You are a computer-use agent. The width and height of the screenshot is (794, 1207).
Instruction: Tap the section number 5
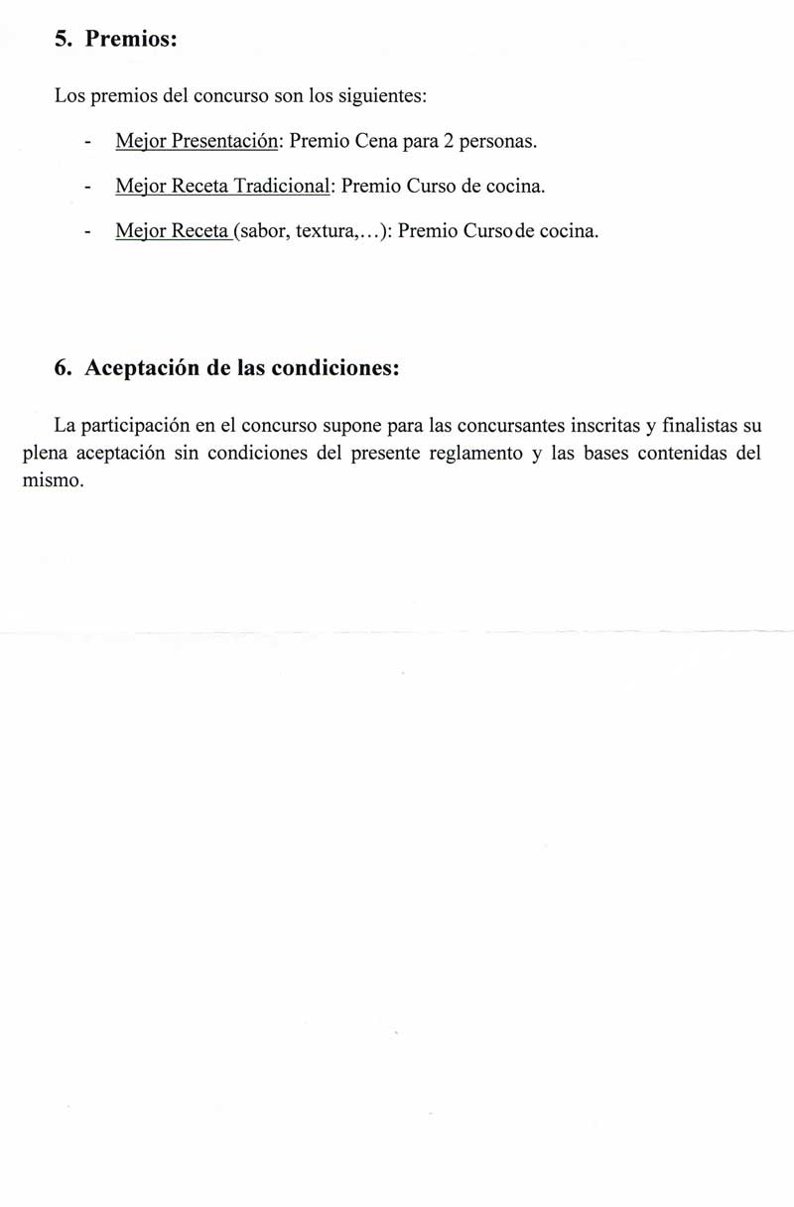pyautogui.click(x=63, y=40)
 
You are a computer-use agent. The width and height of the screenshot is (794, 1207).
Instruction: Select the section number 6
pyautogui.click(x=63, y=367)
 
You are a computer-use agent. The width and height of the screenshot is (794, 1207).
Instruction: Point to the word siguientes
pyautogui.click(x=382, y=98)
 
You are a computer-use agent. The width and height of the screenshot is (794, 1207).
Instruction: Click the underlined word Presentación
pyautogui.click(x=226, y=142)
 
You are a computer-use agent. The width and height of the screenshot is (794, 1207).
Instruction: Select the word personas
pyautogui.click(x=499, y=142)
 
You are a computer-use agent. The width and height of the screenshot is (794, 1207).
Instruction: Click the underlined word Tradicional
pyautogui.click(x=281, y=187)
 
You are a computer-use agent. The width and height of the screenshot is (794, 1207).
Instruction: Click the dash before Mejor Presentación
pyautogui.click(x=88, y=144)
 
